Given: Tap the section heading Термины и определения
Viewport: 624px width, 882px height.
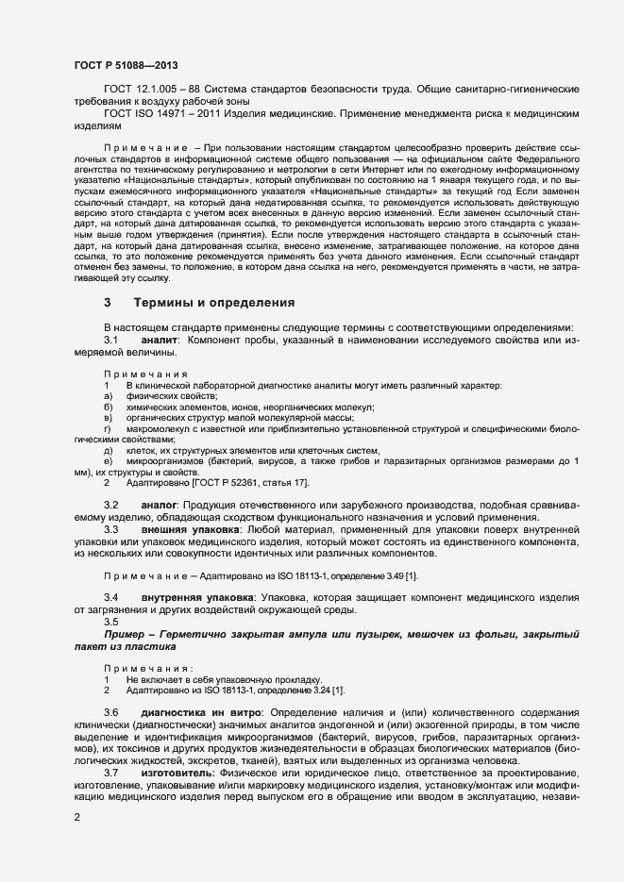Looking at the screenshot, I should (x=214, y=303).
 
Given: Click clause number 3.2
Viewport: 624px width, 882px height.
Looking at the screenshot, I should (x=110, y=506).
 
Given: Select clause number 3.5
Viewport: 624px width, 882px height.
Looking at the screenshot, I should (x=110, y=622).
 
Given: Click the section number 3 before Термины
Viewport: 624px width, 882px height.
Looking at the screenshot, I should (x=108, y=303).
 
